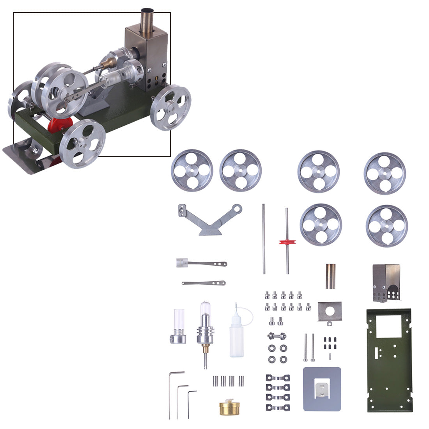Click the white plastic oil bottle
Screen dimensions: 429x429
click(236, 335)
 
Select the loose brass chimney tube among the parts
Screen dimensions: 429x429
click(331, 276)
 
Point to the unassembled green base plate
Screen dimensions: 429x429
click(389, 361)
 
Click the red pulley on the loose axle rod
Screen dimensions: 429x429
click(287, 242)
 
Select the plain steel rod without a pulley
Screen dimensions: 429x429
click(264, 238)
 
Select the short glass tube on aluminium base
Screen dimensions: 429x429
click(178, 326)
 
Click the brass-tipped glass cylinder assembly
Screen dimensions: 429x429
click(205, 331)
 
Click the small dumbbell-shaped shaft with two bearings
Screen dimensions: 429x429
click(277, 335)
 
